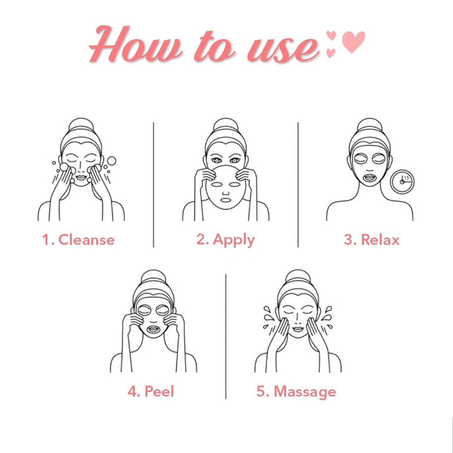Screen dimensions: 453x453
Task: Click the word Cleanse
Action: point(86,240)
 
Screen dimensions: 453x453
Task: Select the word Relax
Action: point(380,240)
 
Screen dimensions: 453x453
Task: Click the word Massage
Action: point(305,393)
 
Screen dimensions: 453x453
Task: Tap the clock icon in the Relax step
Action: point(402,182)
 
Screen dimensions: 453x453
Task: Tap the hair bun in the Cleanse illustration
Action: point(81,124)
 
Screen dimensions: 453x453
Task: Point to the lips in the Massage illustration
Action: point(298,329)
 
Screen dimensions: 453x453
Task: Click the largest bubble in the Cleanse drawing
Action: point(111,161)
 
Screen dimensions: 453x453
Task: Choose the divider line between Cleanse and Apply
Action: point(154,185)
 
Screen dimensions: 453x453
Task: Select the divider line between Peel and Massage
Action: point(226,336)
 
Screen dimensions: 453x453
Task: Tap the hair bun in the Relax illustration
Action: point(369,124)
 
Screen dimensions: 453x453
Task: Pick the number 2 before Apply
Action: point(201,240)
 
